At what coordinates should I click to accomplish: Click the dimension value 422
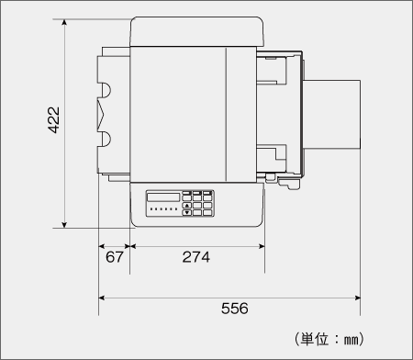coord(53,120)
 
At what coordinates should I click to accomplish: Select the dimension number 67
coord(115,257)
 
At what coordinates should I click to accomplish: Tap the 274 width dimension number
coord(196,257)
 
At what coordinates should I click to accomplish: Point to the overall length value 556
coord(235,309)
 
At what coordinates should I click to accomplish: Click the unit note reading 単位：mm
coord(329,339)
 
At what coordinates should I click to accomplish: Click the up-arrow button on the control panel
coord(187,205)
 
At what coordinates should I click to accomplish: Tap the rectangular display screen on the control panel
coord(163,197)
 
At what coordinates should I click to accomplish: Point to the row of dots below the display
coord(163,209)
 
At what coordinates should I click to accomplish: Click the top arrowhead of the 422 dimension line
coord(64,22)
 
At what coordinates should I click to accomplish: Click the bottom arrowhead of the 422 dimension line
coord(64,225)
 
